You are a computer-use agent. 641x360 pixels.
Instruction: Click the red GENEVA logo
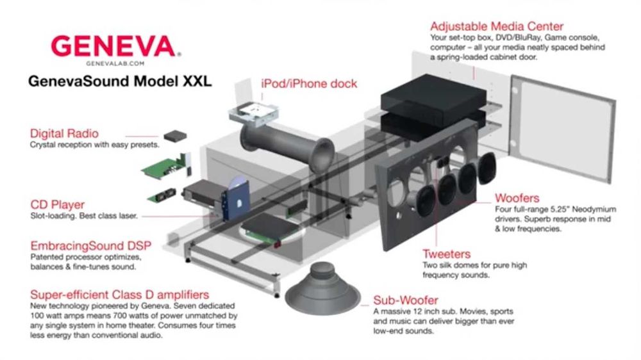[112, 47]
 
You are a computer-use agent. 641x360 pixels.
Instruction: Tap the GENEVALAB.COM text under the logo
[112, 64]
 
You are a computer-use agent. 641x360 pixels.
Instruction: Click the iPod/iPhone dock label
[309, 83]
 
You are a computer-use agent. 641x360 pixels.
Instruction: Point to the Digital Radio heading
[64, 134]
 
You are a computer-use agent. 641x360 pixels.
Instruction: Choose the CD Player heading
[57, 205]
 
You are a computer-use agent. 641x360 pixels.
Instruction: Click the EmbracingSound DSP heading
[84, 246]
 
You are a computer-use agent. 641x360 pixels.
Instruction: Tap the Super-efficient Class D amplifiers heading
[119, 295]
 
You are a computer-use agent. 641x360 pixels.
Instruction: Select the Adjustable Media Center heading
[497, 27]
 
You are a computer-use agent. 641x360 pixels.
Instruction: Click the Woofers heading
[517, 198]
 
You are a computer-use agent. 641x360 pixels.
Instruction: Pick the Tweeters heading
[446, 254]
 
